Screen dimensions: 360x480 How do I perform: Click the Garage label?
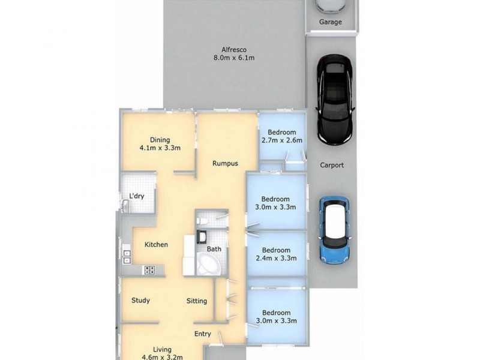[330, 22]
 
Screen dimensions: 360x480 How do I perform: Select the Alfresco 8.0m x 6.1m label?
[235, 54]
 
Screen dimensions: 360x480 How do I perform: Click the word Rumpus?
[225, 163]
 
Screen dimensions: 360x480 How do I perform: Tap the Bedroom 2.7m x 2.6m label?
[281, 136]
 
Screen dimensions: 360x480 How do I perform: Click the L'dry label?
[136, 196]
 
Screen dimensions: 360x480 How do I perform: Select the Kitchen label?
[156, 245]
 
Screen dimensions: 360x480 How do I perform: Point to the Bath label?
[214, 248]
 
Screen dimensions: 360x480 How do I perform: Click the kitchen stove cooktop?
[149, 270]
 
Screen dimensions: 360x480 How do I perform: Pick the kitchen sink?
[127, 256]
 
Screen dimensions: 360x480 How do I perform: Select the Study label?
[140, 301]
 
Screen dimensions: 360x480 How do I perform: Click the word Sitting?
[197, 301]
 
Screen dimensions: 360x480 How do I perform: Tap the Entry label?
[203, 334]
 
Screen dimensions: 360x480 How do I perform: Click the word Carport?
[331, 166]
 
